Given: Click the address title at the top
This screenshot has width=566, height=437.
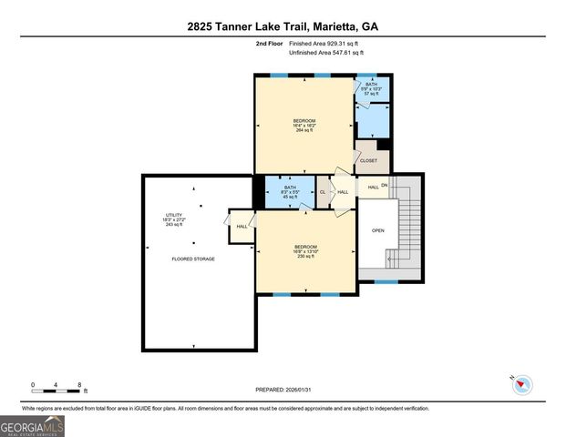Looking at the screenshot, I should pyautogui.click(x=283, y=26).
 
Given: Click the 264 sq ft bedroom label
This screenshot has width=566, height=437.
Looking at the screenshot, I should pyautogui.click(x=304, y=125).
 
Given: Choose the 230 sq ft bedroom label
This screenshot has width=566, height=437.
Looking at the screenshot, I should pyautogui.click(x=305, y=251).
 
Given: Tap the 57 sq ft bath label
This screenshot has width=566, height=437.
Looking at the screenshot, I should pyautogui.click(x=371, y=88).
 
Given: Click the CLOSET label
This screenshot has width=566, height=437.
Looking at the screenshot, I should pyautogui.click(x=368, y=160).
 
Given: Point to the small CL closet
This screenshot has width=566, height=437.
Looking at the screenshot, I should pyautogui.click(x=323, y=192).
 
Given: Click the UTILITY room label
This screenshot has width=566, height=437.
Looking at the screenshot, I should pyautogui.click(x=174, y=219).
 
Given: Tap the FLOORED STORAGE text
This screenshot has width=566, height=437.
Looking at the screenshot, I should pyautogui.click(x=193, y=259).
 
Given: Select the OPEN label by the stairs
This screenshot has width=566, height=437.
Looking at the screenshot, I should pyautogui.click(x=378, y=230).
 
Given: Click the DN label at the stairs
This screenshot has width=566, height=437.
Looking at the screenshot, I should pyautogui.click(x=385, y=186).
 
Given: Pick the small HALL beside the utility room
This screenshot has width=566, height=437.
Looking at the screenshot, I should pyautogui.click(x=242, y=227).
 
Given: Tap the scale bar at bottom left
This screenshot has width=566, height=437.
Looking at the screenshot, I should pyautogui.click(x=57, y=387).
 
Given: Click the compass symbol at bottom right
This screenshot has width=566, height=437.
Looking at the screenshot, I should pyautogui.click(x=521, y=384).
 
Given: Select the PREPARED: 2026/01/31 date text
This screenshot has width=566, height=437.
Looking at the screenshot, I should pyautogui.click(x=283, y=390).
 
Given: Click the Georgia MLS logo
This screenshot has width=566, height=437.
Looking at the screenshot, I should pyautogui.click(x=32, y=425).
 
